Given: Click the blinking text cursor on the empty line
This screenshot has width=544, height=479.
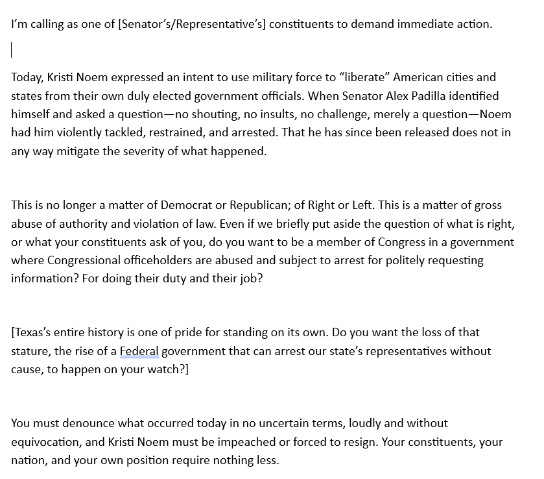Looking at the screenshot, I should tap(12, 50).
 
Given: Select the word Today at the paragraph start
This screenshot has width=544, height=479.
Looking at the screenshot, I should tap(27, 77).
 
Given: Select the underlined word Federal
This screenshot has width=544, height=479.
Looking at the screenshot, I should tap(139, 351).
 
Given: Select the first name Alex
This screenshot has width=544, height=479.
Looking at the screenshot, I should tap(368, 96).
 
